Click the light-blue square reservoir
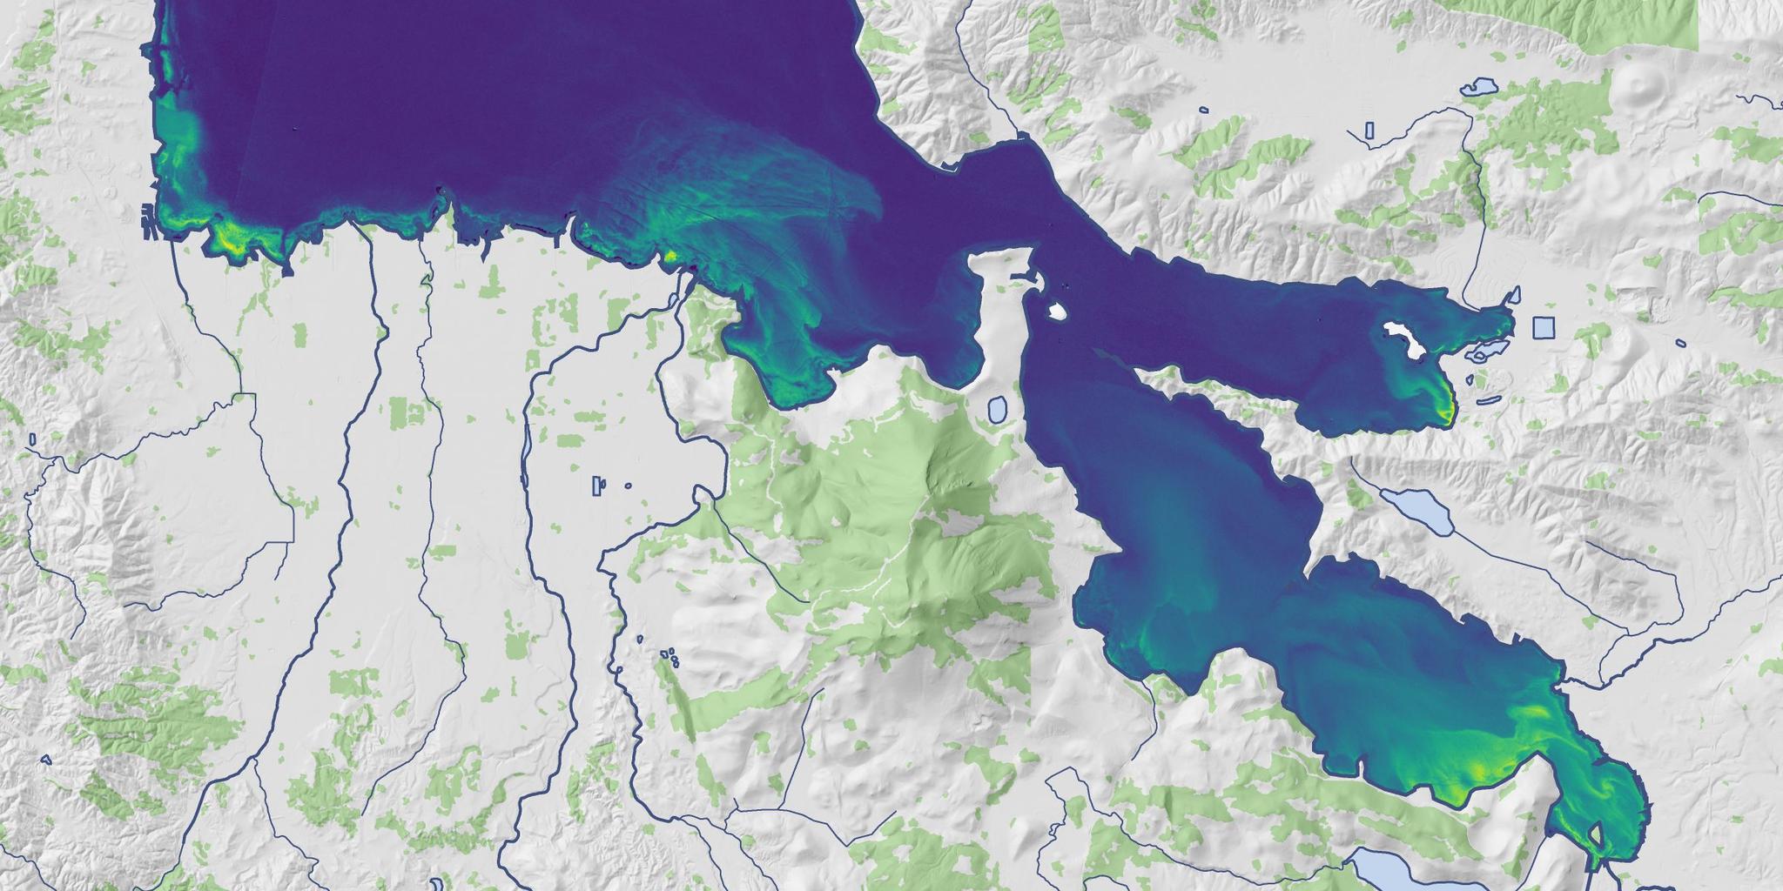point(1542,327)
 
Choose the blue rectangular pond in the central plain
point(597,486)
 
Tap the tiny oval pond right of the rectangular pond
point(628,486)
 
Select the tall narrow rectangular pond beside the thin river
point(1369,131)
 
